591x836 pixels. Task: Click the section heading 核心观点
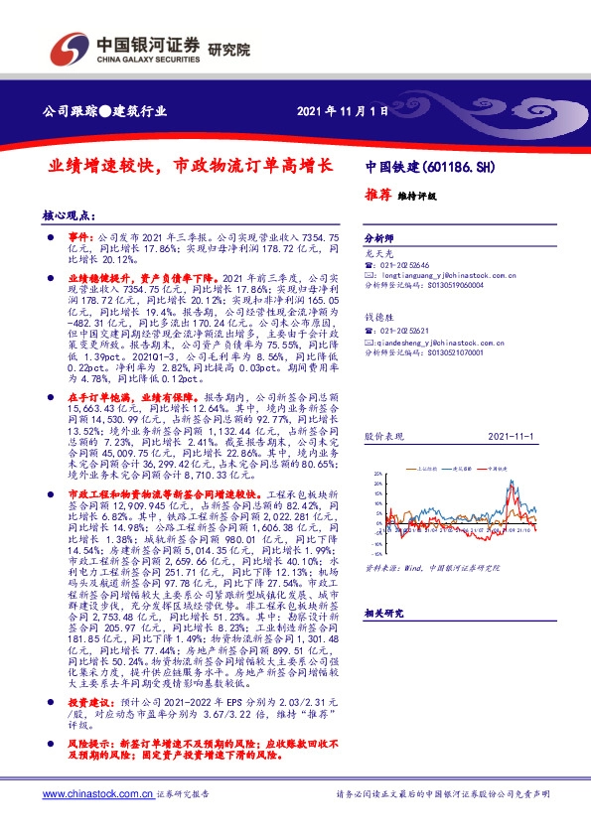pyautogui.click(x=68, y=214)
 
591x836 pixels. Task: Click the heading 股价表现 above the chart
pyautogui.click(x=381, y=435)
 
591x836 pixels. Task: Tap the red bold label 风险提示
pyautogui.click(x=91, y=742)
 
